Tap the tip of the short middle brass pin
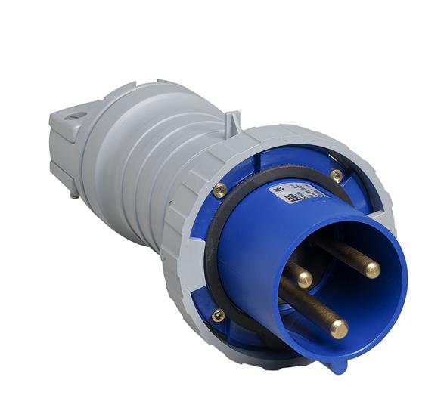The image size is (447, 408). pos(303,279)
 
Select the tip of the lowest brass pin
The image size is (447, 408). pos(340,329)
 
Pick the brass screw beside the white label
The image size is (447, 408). pos(336,175)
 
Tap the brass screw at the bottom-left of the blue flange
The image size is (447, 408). pos(219,315)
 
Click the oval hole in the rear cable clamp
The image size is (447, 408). pos(75,117)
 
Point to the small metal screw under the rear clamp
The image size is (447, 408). pos(73,194)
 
